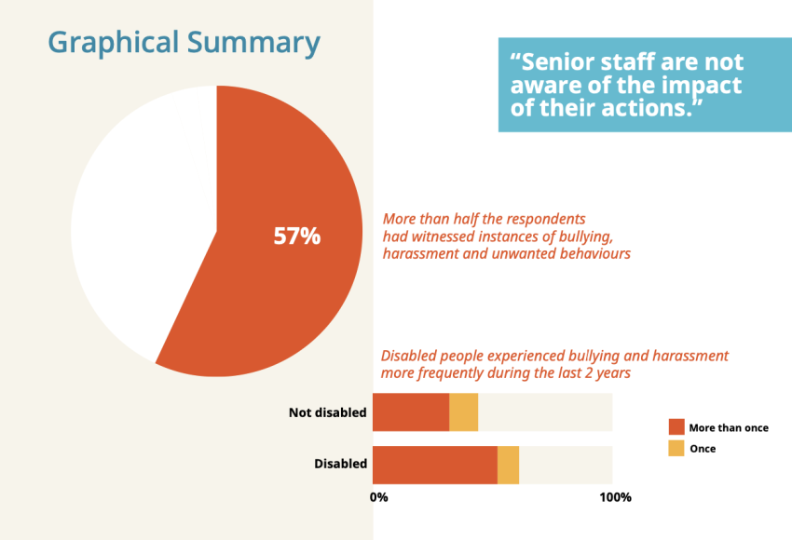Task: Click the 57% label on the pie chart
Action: coord(296,236)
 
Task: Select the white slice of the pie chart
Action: coord(140,223)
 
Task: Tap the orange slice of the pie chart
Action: coord(280,298)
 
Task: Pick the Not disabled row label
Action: coord(328,412)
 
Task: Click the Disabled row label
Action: coord(340,464)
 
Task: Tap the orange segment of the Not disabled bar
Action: coord(410,412)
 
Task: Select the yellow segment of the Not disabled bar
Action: coord(463,412)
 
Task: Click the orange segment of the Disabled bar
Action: coord(434,465)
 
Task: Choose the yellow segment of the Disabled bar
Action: coord(508,465)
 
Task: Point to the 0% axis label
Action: coord(379,497)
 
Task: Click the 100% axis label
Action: coord(614,497)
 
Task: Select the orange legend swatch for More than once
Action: coord(676,427)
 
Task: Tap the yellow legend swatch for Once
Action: coord(676,449)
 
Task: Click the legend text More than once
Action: coord(729,428)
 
